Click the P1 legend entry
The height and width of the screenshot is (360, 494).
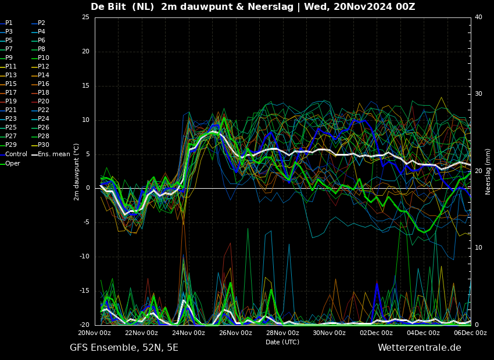click(x=6, y=23)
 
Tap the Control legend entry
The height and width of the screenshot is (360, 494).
click(x=13, y=154)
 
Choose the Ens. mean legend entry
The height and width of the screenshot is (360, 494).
click(x=51, y=154)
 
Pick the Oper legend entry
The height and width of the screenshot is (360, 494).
click(x=10, y=163)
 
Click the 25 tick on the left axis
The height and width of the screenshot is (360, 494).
click(x=85, y=17)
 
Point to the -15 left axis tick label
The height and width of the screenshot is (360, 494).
click(x=84, y=291)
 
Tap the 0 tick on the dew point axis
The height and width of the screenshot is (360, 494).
click(x=88, y=188)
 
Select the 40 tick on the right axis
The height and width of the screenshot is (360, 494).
click(x=478, y=17)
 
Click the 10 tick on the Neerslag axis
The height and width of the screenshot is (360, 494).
click(x=478, y=248)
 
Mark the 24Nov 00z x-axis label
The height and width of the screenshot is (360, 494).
click(x=189, y=333)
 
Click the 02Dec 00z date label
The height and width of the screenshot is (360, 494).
click(x=377, y=333)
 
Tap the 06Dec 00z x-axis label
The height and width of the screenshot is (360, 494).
click(x=470, y=333)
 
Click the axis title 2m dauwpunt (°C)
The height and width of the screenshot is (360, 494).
click(x=76, y=172)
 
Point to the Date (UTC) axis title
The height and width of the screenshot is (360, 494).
click(x=282, y=342)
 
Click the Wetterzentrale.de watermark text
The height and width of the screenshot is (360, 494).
click(x=420, y=348)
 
